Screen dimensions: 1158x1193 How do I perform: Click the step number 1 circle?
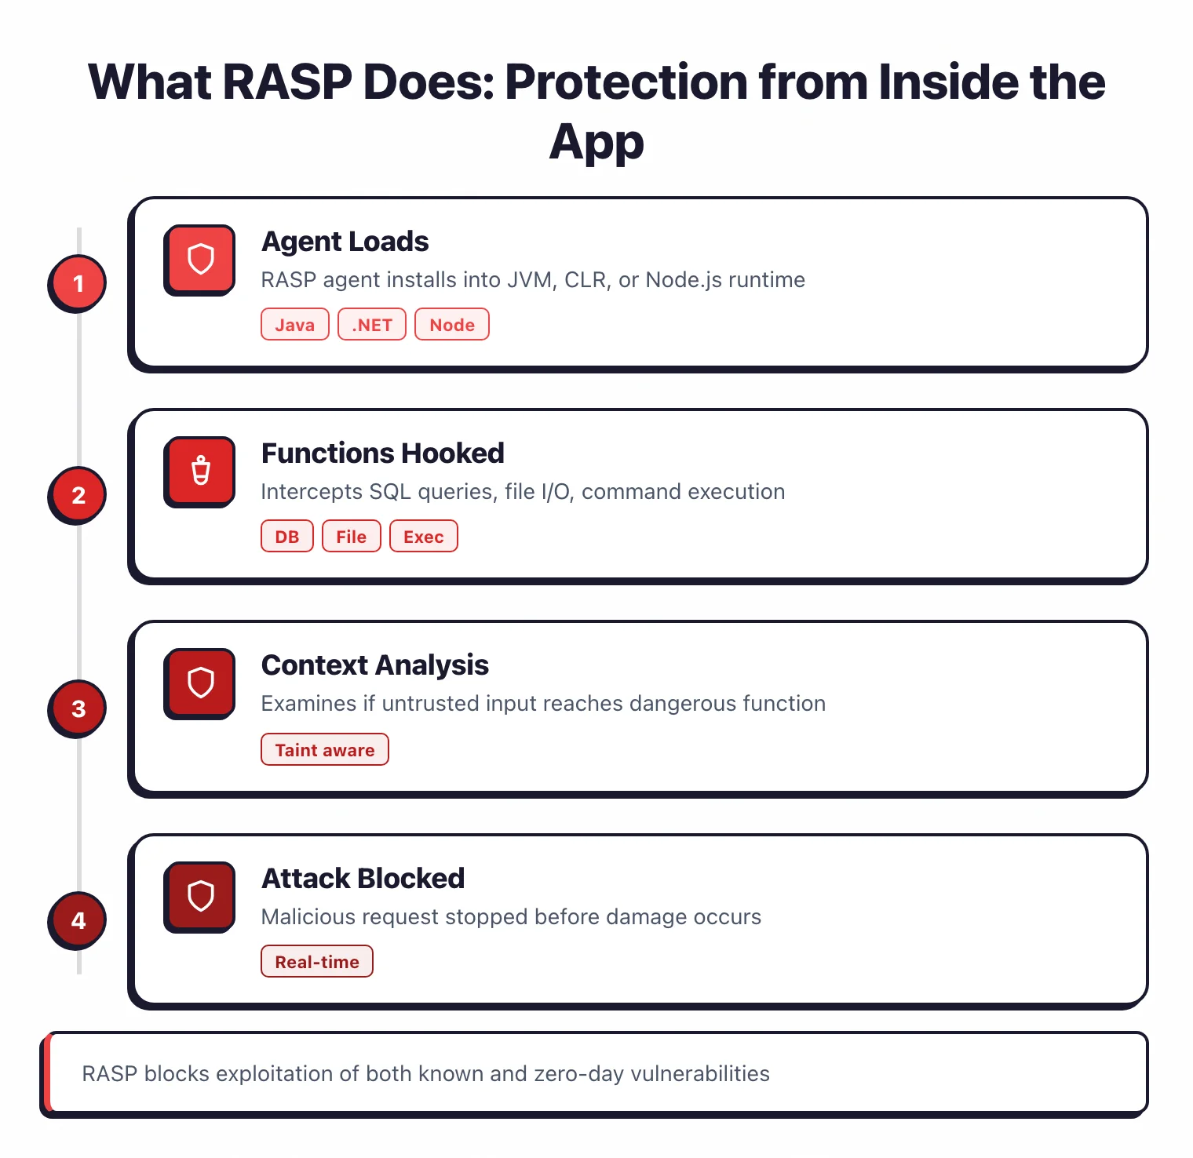78,283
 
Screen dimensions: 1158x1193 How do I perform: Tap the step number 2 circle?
78,495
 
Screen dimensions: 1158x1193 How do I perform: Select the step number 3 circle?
78,708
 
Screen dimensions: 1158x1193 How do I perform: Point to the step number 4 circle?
78,920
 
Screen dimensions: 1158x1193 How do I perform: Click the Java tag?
294,325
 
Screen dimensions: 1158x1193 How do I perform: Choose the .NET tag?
372,325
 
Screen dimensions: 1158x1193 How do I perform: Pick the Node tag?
452,325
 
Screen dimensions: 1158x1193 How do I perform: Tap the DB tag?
287,537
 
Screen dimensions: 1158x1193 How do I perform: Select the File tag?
351,537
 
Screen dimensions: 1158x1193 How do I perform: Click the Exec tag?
424,537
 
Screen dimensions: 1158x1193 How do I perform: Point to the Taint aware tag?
325,750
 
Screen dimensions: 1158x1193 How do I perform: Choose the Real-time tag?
317,962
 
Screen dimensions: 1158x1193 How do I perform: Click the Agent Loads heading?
345,242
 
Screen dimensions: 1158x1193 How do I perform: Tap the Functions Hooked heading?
383,453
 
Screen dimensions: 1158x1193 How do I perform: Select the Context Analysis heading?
375,665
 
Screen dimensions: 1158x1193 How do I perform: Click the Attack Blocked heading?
363,879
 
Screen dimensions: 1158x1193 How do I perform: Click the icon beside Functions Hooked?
200,471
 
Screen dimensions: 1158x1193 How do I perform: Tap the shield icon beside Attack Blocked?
200,896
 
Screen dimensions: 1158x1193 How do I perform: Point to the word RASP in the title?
287,82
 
